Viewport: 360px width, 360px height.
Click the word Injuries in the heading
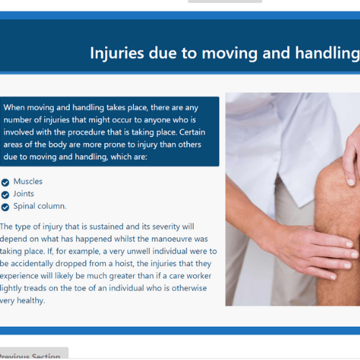coord(117,53)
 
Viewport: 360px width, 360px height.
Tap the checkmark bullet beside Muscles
coord(5,182)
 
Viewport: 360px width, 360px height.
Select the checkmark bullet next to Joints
coord(5,194)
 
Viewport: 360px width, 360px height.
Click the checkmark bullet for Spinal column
coord(5,207)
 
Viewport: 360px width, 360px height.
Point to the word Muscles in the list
coord(28,181)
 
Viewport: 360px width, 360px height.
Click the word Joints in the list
coord(24,194)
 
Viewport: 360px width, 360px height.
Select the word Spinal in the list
coord(24,206)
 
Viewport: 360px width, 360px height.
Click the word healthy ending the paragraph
coord(31,300)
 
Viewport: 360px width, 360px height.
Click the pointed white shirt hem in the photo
coord(300,204)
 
